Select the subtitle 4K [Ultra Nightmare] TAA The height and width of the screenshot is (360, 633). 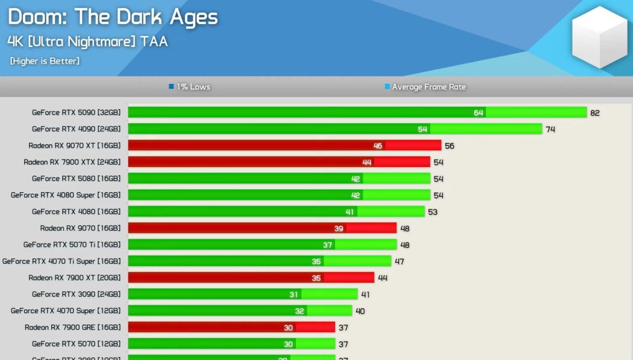tap(87, 41)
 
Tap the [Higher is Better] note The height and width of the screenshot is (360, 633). tap(45, 61)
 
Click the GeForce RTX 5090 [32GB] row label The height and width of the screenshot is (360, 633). tap(76, 113)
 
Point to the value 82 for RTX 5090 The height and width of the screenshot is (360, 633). tap(595, 113)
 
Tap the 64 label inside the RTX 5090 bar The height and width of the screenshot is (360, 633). tap(478, 113)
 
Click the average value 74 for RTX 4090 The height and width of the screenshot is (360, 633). tap(551, 129)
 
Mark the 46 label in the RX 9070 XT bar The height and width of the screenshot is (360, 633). tap(378, 146)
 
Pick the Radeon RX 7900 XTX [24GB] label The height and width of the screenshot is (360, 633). tap(72, 162)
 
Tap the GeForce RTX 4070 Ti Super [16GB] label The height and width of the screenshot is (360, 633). tap(61, 261)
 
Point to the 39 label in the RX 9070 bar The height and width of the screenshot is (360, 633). tap(339, 228)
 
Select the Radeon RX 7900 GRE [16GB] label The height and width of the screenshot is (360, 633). tap(72, 327)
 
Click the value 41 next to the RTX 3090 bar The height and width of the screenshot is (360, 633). tap(367, 294)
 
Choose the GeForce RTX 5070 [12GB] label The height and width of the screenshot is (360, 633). tap(76, 344)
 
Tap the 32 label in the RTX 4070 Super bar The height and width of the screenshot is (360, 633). tap(300, 311)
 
